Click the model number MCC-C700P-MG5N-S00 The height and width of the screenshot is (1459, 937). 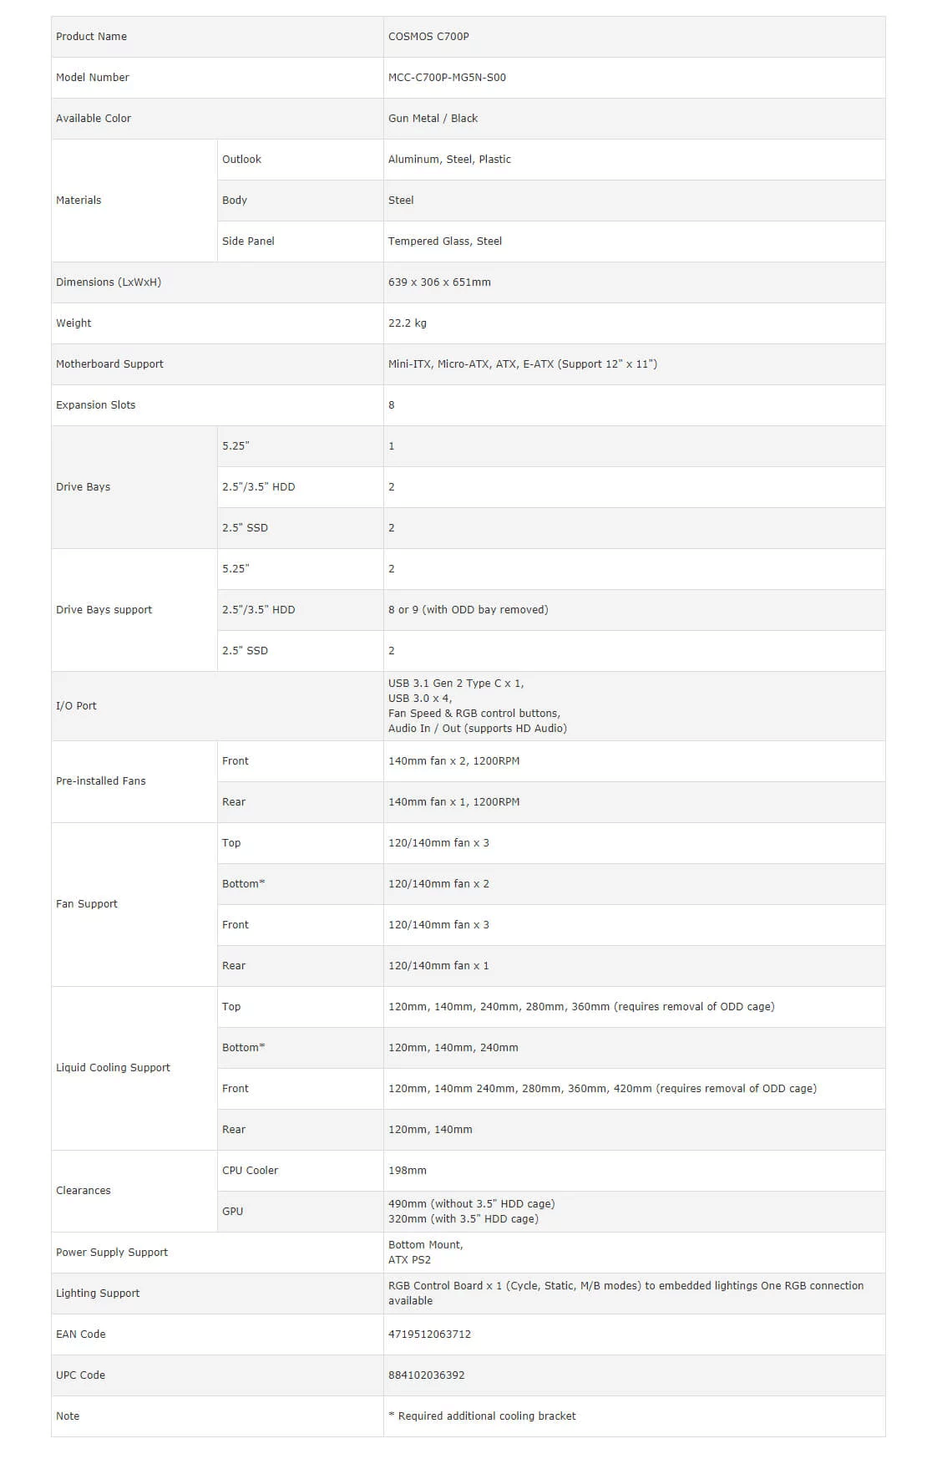[x=447, y=78]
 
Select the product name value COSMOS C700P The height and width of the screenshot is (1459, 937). [x=428, y=37]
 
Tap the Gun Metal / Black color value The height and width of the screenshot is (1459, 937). [x=433, y=119]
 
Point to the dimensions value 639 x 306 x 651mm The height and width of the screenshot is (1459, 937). [x=439, y=282]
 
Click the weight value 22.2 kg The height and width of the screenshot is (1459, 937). [x=408, y=323]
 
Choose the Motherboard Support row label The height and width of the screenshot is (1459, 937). [x=109, y=364]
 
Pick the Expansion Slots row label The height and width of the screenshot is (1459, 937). [x=95, y=405]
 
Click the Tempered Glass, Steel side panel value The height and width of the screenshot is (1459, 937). [x=445, y=241]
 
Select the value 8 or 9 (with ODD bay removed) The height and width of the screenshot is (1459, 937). [x=468, y=610]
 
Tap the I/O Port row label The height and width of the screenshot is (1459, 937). [x=76, y=706]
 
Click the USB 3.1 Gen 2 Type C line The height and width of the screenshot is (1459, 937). [x=456, y=684]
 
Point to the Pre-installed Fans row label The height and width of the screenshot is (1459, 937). [x=100, y=781]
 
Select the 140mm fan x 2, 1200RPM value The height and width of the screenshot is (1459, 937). [x=453, y=761]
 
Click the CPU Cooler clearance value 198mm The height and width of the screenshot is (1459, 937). [x=408, y=1171]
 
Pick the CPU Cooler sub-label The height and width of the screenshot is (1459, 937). [x=250, y=1171]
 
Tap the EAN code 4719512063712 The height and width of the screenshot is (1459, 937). [x=429, y=1334]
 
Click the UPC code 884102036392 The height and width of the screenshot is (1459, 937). [x=426, y=1375]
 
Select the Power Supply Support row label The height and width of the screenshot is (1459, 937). [x=112, y=1253]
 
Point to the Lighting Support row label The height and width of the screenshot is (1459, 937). [x=98, y=1294]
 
